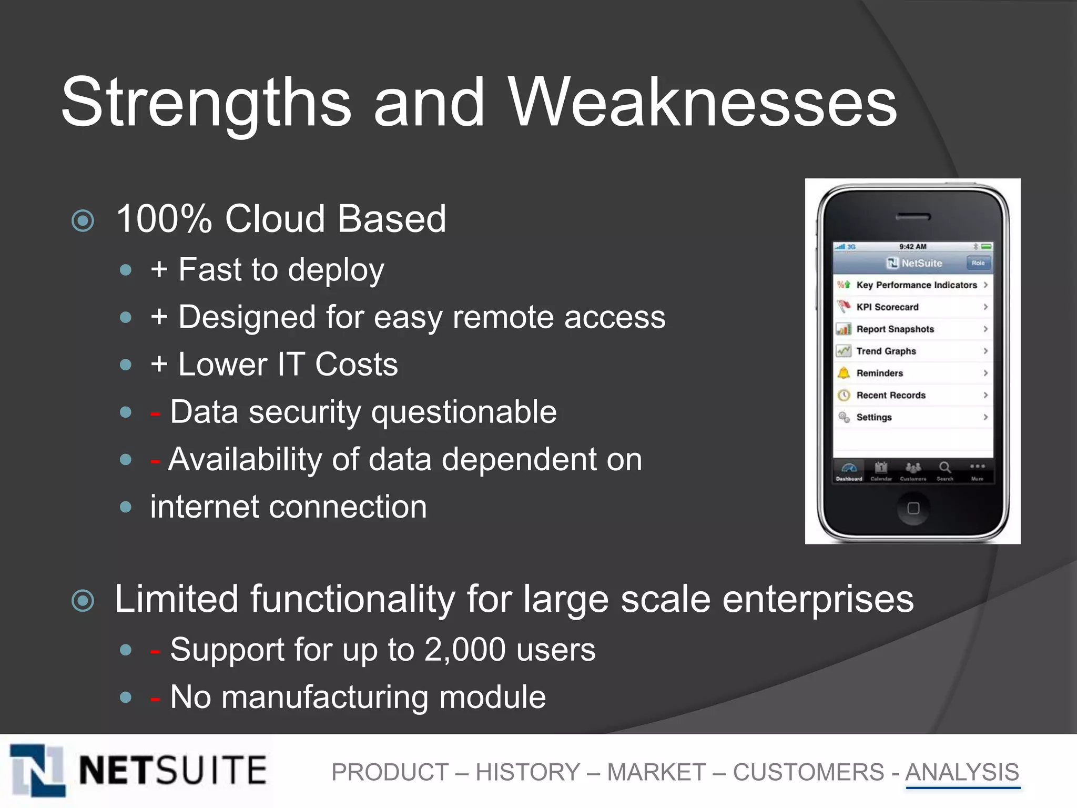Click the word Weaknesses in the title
pyautogui.click(x=702, y=103)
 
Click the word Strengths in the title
pyautogui.click(x=206, y=103)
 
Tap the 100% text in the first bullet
pyautogui.click(x=164, y=219)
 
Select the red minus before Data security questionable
pyautogui.click(x=155, y=413)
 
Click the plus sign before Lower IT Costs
pyautogui.click(x=159, y=365)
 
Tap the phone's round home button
pyautogui.click(x=913, y=508)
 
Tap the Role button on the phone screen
pyautogui.click(x=978, y=263)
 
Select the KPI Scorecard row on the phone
pyautogui.click(x=912, y=307)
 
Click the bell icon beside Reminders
pyautogui.click(x=844, y=373)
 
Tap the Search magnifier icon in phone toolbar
pyautogui.click(x=944, y=468)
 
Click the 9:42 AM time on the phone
pyautogui.click(x=912, y=247)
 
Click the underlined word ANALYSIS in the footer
pyautogui.click(x=962, y=772)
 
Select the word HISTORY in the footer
pyautogui.click(x=527, y=772)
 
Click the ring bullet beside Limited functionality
pyautogui.click(x=83, y=601)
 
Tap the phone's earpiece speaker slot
pyautogui.click(x=913, y=217)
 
